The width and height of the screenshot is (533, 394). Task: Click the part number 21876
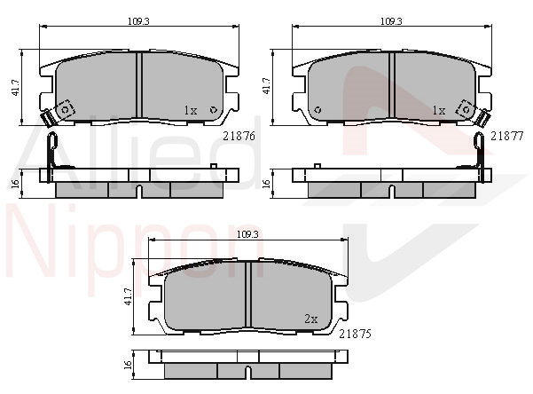click(239, 136)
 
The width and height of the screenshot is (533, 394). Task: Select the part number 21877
click(506, 136)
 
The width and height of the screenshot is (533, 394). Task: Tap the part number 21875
click(356, 335)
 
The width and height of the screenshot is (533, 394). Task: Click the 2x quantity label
click(311, 319)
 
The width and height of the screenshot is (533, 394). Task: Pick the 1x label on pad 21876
click(191, 110)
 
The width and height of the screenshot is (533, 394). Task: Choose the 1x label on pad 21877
click(439, 110)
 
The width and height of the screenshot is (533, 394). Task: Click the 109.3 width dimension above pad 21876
click(138, 21)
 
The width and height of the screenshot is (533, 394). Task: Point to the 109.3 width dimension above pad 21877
click(391, 21)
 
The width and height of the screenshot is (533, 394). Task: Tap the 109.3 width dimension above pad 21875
click(247, 234)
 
